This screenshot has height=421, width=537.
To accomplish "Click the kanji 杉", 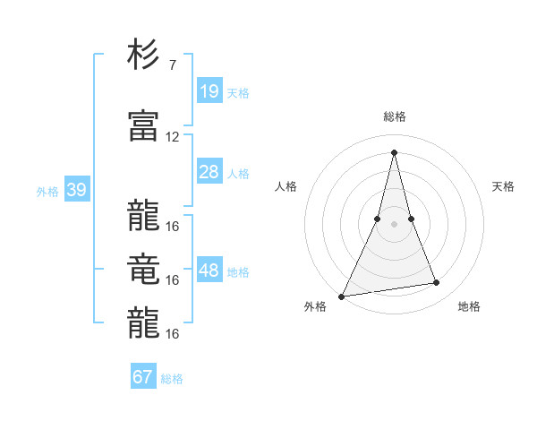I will click(143, 56).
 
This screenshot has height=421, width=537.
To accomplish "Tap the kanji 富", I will click(143, 127).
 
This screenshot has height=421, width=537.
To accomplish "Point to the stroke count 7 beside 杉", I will click(172, 65).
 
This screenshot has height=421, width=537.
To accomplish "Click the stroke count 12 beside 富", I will click(173, 137).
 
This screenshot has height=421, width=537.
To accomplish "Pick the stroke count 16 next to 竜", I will click(173, 280).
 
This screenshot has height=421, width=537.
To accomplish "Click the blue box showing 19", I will click(209, 91).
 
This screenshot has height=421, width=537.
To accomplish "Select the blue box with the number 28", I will click(209, 172).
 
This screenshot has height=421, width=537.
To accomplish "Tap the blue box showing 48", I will click(209, 271).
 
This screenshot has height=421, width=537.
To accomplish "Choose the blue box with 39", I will click(76, 191).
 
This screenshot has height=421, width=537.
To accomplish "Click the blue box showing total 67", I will click(143, 377).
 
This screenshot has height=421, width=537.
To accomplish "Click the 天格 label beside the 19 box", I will click(238, 93).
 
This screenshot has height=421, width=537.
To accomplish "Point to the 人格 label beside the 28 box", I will click(238, 174).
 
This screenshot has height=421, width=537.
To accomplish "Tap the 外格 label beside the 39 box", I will click(47, 192).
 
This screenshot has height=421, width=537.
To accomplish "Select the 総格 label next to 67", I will click(172, 379).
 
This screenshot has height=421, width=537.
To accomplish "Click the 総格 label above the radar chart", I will click(394, 116).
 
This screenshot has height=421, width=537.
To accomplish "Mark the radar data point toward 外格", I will click(341, 296).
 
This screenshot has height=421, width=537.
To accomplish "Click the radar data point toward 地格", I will click(437, 283).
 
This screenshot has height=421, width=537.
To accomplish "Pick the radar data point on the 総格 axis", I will click(394, 151).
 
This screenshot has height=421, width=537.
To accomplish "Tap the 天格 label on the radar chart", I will click(503, 186).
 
